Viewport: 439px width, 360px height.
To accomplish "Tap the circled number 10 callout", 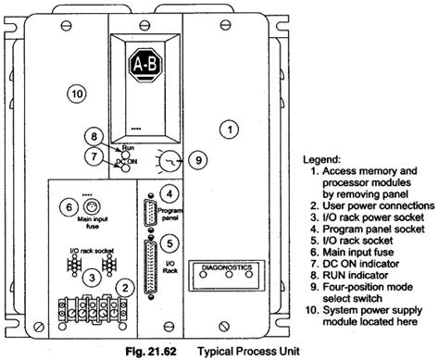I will (x=78, y=93).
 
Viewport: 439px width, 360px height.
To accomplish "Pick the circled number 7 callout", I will (x=92, y=158).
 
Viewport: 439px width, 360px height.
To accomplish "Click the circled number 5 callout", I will (x=168, y=243).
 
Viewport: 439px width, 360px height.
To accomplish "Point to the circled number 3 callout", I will (x=91, y=277).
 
